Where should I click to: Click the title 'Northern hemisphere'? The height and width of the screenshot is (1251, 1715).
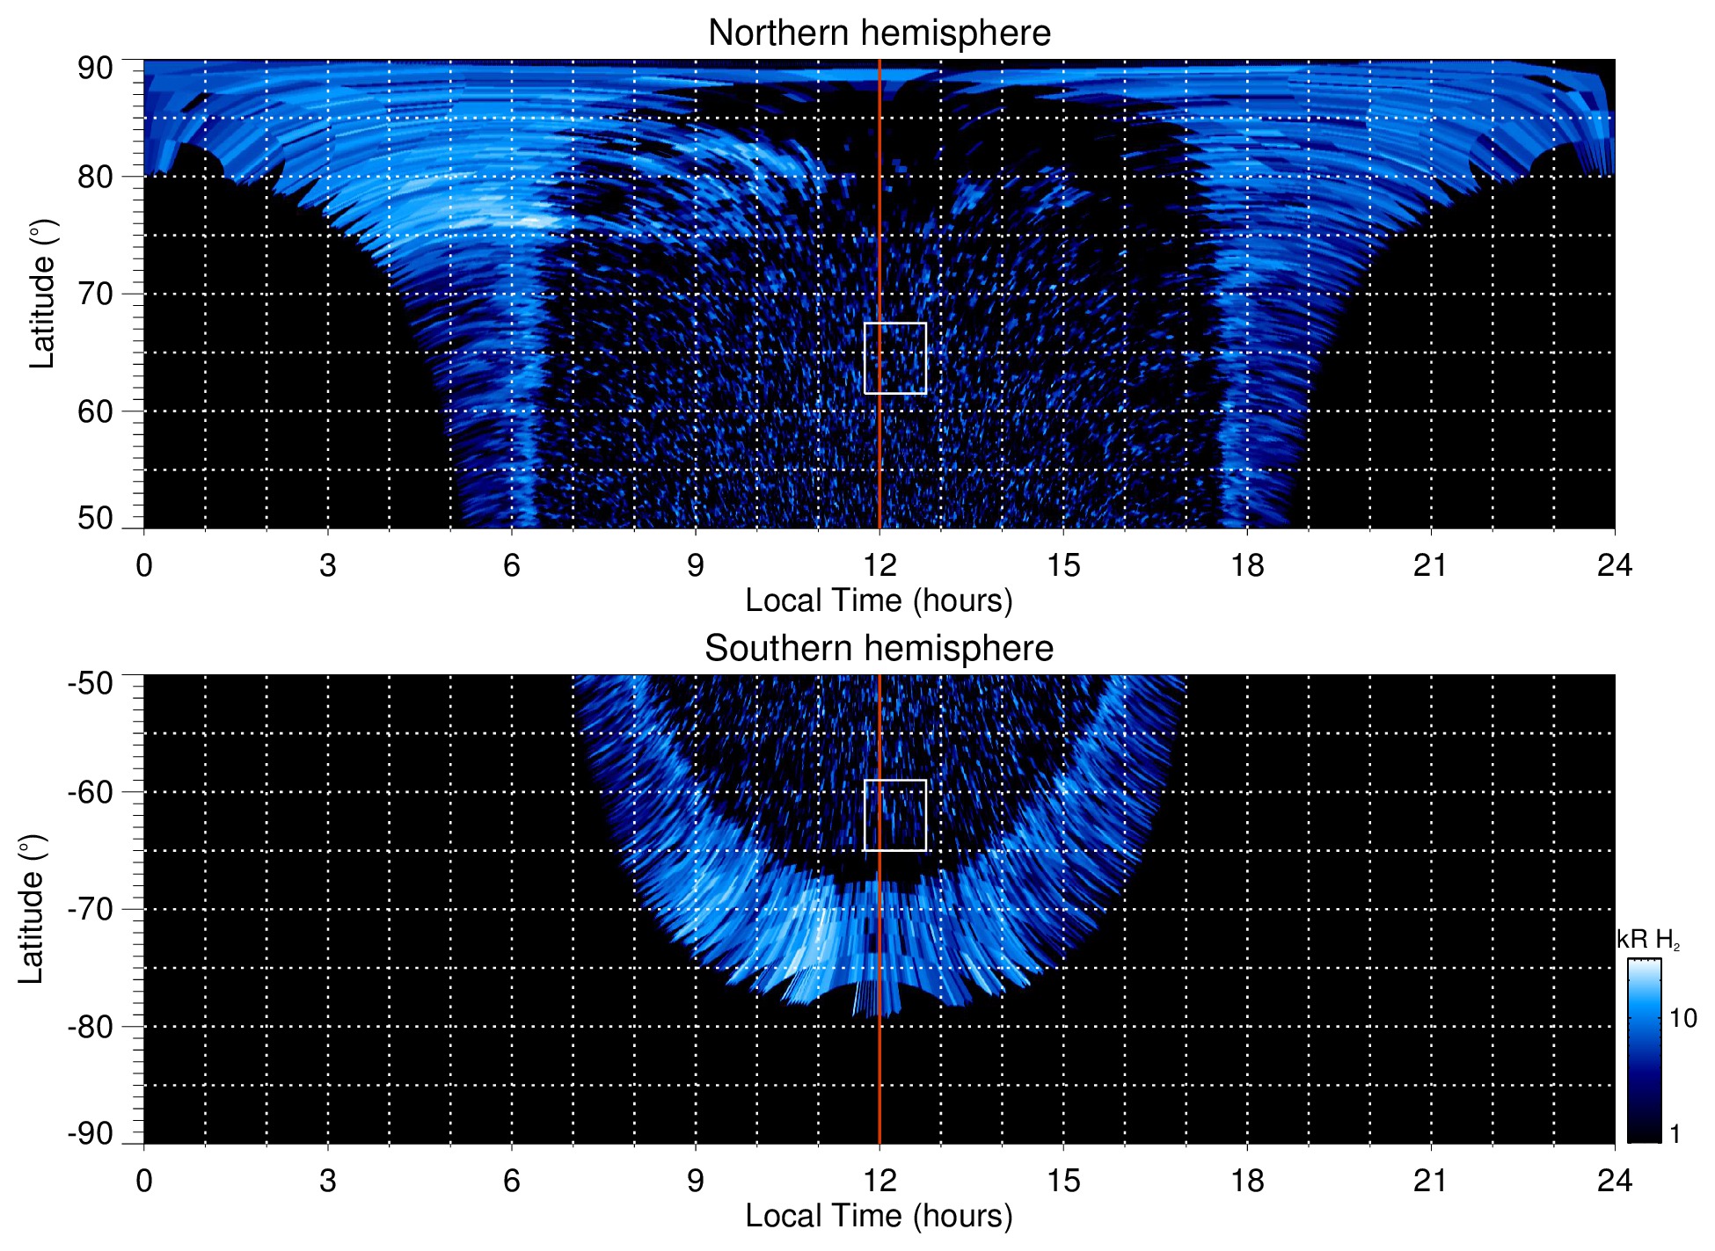pyautogui.click(x=879, y=33)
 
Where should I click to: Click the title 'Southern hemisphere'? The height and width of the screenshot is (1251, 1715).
pyautogui.click(x=879, y=649)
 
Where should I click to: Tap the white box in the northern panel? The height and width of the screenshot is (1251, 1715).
pyautogui.click(x=894, y=358)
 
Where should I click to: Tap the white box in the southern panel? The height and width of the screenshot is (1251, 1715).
pyautogui.click(x=894, y=815)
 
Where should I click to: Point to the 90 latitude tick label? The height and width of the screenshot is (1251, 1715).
pyautogui.click(x=95, y=69)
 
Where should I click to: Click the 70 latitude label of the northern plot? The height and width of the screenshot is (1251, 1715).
pyautogui.click(x=95, y=294)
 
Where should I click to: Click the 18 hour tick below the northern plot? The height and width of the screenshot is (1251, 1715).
pyautogui.click(x=1246, y=565)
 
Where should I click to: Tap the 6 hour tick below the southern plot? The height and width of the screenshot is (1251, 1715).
pyautogui.click(x=511, y=1181)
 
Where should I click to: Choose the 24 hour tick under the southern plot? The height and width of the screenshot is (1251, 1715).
pyautogui.click(x=1614, y=1181)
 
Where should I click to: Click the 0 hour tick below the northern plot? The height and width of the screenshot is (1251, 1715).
pyautogui.click(x=144, y=565)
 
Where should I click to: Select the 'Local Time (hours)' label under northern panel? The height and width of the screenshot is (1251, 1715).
pyautogui.click(x=879, y=600)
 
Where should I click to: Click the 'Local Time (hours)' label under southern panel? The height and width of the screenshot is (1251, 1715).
pyautogui.click(x=879, y=1216)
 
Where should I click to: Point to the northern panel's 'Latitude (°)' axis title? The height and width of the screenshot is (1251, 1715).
pyautogui.click(x=42, y=294)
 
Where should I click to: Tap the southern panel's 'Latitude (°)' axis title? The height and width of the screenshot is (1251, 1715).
pyautogui.click(x=32, y=909)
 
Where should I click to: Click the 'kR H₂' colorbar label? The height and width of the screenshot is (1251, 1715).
pyautogui.click(x=1648, y=940)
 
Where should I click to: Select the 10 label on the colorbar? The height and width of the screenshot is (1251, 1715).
pyautogui.click(x=1682, y=1018)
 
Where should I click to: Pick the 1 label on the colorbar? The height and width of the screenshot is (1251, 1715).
pyautogui.click(x=1675, y=1134)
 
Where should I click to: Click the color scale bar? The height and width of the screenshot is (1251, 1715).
pyautogui.click(x=1644, y=1051)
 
